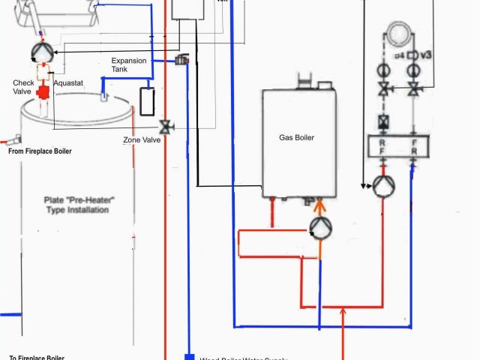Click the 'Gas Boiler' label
tap(296, 138)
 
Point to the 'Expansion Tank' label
tap(129, 65)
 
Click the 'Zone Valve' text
tap(142, 140)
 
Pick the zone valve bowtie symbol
tap(166, 127)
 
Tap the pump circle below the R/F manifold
tap(383, 186)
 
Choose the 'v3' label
tap(426, 55)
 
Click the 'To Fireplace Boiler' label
tap(37, 357)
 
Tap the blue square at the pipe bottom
tap(188, 357)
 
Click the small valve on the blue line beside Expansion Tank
tap(181, 59)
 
